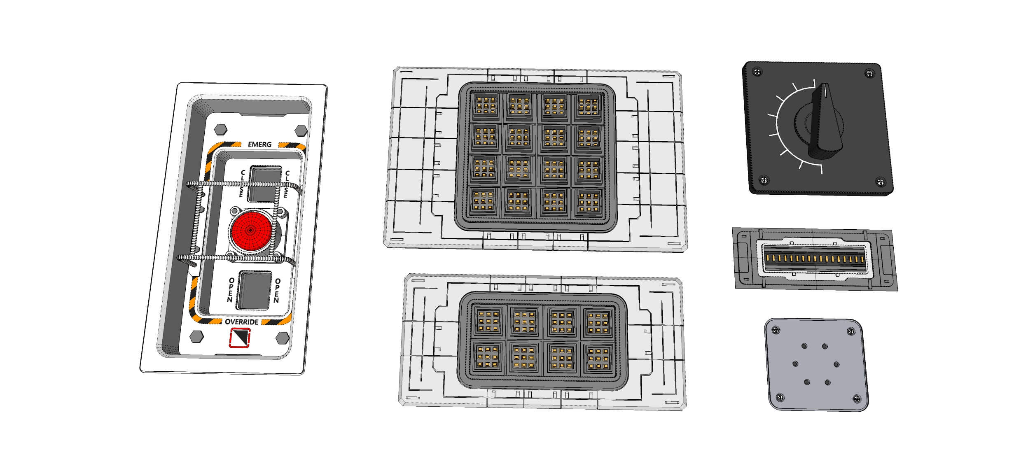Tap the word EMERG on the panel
pyautogui.click(x=259, y=144)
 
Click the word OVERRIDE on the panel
pyautogui.click(x=241, y=322)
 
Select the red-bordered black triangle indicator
pyautogui.click(x=239, y=337)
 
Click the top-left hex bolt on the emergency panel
pyautogui.click(x=221, y=129)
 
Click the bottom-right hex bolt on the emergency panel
pyautogui.click(x=282, y=338)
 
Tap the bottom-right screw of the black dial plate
pyautogui.click(x=880, y=182)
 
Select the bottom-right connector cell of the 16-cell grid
pyautogui.click(x=588, y=202)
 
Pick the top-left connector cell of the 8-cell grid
pyautogui.click(x=488, y=321)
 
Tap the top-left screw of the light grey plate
pyautogui.click(x=776, y=330)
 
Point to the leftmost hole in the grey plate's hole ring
pyautogui.click(x=795, y=364)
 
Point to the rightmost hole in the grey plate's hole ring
pyautogui.click(x=836, y=364)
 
